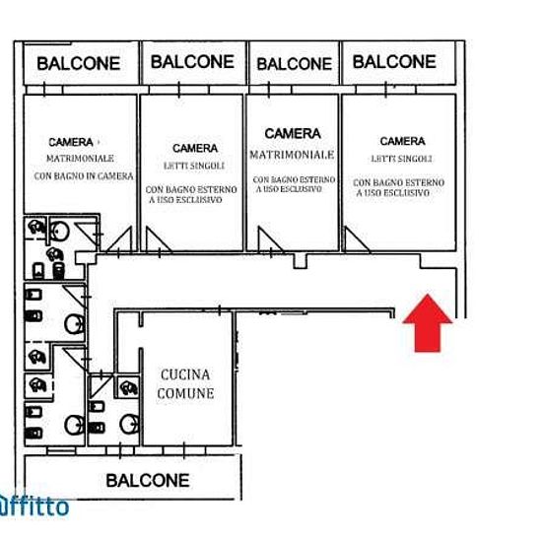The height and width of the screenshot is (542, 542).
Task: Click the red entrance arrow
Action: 428,323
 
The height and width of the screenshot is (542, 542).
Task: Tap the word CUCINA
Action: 185,374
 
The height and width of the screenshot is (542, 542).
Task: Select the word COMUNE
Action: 185,393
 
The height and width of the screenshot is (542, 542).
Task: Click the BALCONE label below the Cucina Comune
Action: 148,481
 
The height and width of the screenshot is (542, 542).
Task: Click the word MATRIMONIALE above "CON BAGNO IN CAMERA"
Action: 80,159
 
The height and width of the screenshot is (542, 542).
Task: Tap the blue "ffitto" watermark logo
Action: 34,507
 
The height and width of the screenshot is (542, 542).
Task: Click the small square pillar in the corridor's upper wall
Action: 300,261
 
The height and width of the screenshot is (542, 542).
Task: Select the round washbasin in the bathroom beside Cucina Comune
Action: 129,424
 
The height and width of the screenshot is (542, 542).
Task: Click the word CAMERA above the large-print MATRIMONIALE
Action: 293,133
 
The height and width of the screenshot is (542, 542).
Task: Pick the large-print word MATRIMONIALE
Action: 292,155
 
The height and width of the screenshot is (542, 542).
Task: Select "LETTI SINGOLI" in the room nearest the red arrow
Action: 401,159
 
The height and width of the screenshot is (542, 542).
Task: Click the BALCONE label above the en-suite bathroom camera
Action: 79,64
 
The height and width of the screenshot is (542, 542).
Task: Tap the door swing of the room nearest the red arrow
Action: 356,239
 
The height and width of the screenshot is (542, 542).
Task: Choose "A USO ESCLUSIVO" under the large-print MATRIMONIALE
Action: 289,189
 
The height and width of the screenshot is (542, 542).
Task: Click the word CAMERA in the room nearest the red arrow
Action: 402,141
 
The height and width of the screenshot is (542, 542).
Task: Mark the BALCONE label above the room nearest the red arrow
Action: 394,62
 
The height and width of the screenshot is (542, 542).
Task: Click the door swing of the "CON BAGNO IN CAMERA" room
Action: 119,239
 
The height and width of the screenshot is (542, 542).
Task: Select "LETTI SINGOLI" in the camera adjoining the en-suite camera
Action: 194,166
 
